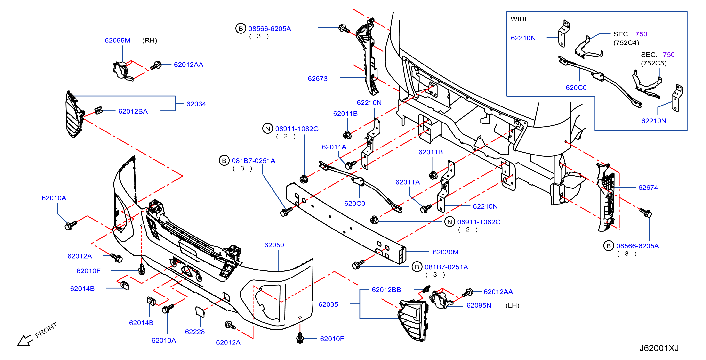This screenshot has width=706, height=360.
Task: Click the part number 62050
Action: click(x=274, y=245)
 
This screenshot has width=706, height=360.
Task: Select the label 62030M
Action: click(x=445, y=252)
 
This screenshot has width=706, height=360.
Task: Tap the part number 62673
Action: click(x=318, y=79)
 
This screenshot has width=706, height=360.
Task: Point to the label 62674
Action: click(x=648, y=188)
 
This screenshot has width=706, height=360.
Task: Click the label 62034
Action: click(x=196, y=104)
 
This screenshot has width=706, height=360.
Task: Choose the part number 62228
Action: click(x=195, y=332)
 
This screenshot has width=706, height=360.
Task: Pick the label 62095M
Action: click(x=118, y=40)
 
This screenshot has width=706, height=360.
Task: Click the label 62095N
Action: click(x=479, y=305)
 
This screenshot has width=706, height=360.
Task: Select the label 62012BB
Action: click(x=386, y=290)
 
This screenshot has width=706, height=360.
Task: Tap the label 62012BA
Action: click(x=133, y=111)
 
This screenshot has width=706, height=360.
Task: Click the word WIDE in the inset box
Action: click(x=520, y=19)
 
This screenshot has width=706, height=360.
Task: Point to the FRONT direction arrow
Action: click(x=25, y=340)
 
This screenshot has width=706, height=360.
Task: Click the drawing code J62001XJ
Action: click(x=659, y=348)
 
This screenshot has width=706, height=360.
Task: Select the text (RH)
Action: click(x=150, y=40)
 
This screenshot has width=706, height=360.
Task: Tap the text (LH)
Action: click(x=512, y=305)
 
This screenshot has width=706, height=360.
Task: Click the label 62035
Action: click(x=328, y=304)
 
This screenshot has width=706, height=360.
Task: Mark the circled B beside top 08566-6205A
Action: click(x=241, y=29)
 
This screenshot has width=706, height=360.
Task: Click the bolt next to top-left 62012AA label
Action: click(x=156, y=65)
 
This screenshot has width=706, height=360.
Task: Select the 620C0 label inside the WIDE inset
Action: click(x=576, y=88)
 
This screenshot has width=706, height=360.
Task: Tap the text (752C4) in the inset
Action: click(x=626, y=43)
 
